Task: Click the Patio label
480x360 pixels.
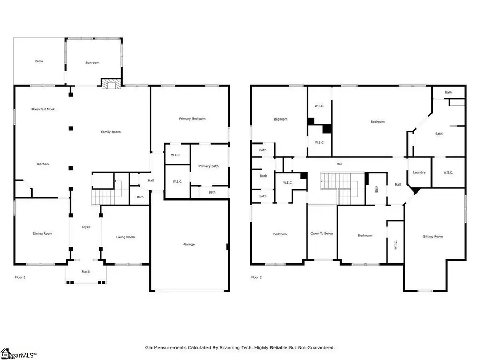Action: click(39, 61)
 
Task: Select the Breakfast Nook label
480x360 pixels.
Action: click(43, 109)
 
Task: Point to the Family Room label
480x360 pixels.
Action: click(111, 132)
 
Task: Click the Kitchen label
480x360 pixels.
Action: click(43, 164)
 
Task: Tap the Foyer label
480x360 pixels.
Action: click(86, 227)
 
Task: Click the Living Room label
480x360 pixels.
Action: click(126, 237)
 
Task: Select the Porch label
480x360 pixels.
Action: click(86, 272)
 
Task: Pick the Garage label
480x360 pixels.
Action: click(189, 244)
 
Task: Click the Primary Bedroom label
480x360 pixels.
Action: click(192, 119)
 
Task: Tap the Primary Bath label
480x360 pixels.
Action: click(209, 166)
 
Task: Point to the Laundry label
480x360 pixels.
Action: click(419, 172)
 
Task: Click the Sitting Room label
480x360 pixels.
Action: click(433, 236)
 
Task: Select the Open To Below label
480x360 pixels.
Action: click(322, 234)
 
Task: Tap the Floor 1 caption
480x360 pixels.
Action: click(20, 277)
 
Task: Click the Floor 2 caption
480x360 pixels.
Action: click(257, 277)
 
